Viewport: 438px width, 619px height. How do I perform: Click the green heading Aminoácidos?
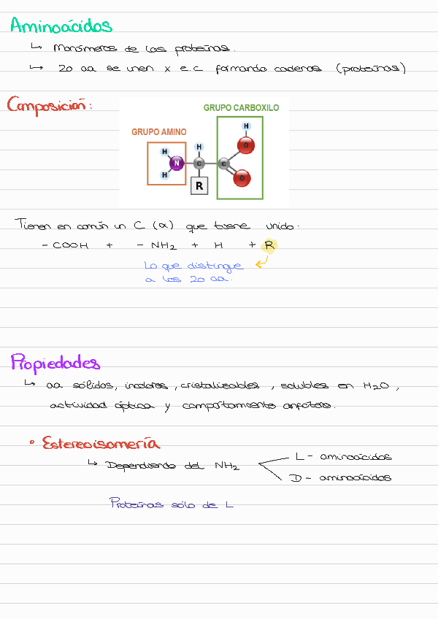click(x=61, y=26)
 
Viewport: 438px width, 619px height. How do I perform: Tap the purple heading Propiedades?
click(x=55, y=363)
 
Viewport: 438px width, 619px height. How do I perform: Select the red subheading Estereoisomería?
click(x=101, y=443)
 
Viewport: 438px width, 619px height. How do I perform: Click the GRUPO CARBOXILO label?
click(x=241, y=108)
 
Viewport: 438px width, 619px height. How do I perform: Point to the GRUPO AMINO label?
click(x=158, y=132)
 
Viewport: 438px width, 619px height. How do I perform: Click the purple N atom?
click(x=176, y=164)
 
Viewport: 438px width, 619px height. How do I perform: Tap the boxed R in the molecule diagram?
click(x=199, y=186)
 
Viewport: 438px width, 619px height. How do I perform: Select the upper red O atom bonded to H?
click(x=247, y=146)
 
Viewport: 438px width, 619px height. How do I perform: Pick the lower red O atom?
click(x=244, y=177)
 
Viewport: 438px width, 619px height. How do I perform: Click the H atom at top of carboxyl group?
click(x=246, y=126)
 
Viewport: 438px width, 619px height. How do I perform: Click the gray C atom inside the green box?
click(x=223, y=164)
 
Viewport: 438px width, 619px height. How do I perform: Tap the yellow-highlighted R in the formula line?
click(x=269, y=245)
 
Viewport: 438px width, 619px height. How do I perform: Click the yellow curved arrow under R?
click(x=261, y=261)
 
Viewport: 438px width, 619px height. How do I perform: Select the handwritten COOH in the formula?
click(x=70, y=246)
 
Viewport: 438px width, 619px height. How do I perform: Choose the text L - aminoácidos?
click(x=343, y=457)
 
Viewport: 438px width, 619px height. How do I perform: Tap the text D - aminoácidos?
click(x=340, y=478)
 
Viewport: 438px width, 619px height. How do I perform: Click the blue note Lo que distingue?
click(x=193, y=266)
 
